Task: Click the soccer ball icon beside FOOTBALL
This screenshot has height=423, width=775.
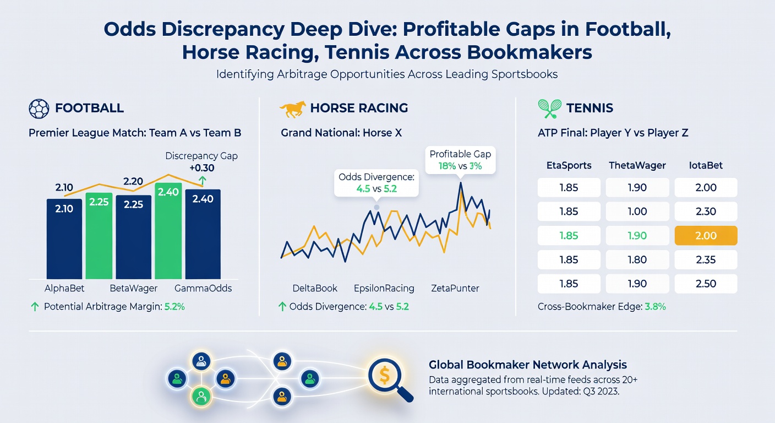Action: click(39, 109)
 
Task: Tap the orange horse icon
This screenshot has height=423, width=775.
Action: click(293, 109)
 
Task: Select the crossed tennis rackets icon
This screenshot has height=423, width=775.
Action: click(550, 109)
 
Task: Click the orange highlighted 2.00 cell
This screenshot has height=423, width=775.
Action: click(706, 235)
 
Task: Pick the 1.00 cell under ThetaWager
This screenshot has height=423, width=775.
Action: click(637, 211)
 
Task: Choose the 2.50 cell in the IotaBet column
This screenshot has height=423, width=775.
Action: click(706, 284)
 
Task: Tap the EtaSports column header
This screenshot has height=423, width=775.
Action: click(569, 165)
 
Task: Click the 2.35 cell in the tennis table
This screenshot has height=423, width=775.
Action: click(706, 259)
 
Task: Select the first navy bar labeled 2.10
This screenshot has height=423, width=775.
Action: click(64, 239)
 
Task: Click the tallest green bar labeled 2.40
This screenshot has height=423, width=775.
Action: click(168, 231)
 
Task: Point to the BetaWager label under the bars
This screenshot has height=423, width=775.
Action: click(134, 289)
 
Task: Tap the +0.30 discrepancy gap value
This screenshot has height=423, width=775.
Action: click(202, 168)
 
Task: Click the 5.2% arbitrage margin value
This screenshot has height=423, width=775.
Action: click(174, 307)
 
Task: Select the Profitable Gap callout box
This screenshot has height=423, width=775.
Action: click(460, 160)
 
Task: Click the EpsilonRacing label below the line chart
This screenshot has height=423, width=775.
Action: click(384, 289)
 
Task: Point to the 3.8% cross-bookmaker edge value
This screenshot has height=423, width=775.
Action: click(656, 307)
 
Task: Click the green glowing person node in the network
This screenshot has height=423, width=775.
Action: click(201, 397)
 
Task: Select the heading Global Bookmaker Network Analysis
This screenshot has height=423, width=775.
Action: click(528, 365)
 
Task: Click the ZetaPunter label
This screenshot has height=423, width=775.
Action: click(455, 289)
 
